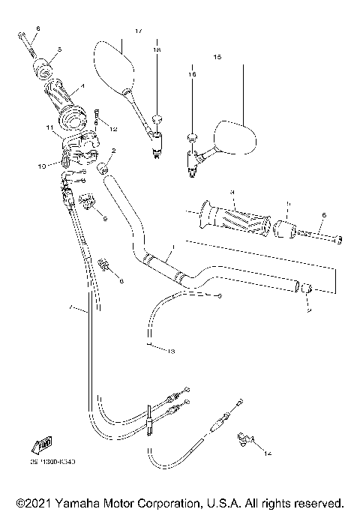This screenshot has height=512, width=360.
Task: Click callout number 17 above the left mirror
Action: (138, 31)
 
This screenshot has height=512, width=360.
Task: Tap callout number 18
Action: (157, 49)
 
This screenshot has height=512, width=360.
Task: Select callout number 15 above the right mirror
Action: (217, 57)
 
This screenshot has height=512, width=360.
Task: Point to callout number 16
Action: (191, 75)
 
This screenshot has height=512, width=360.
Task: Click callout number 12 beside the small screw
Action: (114, 130)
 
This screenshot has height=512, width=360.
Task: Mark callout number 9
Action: (105, 219)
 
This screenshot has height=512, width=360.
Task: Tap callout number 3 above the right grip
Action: (233, 192)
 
